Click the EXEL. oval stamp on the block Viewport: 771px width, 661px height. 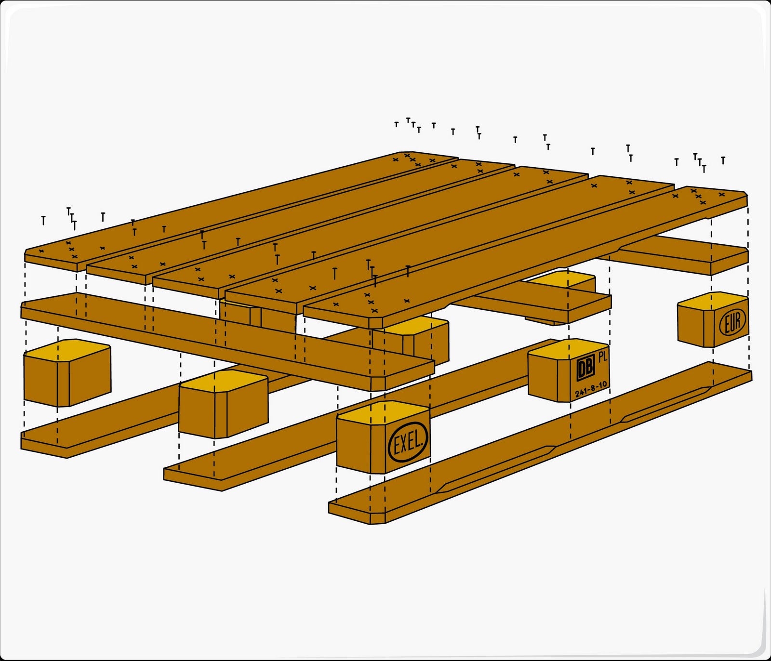[408, 442]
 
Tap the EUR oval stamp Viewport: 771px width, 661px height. [732, 321]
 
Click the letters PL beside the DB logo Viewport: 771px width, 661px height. [602, 357]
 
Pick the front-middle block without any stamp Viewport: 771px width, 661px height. [223, 405]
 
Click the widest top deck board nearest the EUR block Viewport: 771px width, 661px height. [525, 255]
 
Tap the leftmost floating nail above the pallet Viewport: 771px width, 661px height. [43, 221]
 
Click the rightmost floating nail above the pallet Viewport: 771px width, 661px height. [723, 160]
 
